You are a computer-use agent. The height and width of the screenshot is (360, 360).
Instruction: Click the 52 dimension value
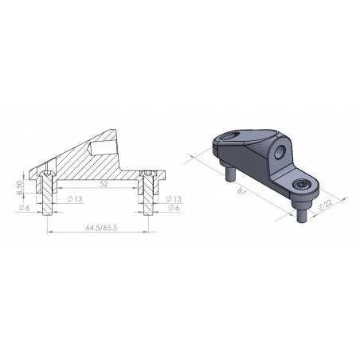point(104,182)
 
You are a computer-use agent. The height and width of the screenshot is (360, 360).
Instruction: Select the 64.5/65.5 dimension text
point(102,227)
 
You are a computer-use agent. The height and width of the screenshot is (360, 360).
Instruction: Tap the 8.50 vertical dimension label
point(19,189)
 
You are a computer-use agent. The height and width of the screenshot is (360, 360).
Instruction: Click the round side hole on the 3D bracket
point(282,151)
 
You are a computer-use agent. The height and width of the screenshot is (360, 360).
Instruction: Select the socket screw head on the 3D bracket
point(302,185)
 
